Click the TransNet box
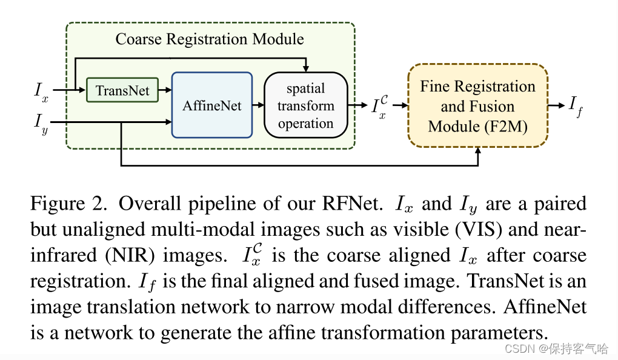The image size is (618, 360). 122,90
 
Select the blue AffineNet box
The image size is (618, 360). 212,105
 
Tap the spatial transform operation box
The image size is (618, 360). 305,105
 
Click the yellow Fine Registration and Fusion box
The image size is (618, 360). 477,106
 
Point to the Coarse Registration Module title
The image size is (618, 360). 210,40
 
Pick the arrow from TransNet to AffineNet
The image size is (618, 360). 165,90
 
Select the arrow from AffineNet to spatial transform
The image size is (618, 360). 258,105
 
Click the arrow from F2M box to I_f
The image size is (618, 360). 556,104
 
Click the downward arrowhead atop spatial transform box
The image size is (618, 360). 307,67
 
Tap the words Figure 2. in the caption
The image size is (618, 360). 68,204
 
